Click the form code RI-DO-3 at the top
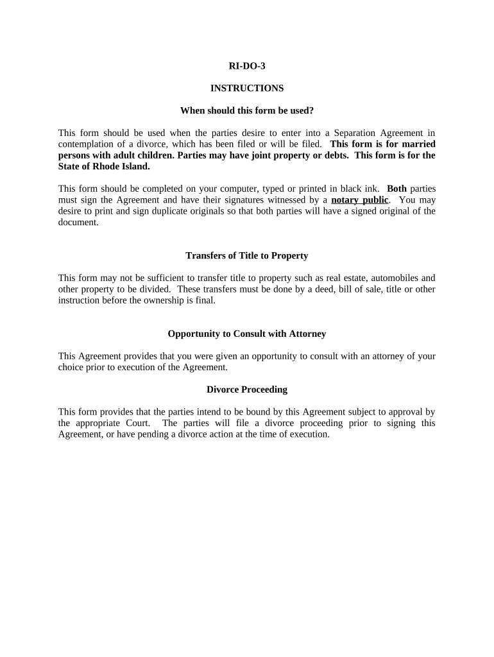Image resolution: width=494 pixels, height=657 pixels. coord(246,65)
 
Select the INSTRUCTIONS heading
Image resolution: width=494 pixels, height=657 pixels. coord(246,88)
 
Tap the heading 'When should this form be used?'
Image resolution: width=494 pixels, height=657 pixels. coord(246,110)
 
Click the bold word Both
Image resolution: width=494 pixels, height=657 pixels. coord(396,189)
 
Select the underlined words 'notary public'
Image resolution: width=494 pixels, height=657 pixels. coord(359,200)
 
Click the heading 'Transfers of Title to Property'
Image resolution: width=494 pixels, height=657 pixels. coord(246,255)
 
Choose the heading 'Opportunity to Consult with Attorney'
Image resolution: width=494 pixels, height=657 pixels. coord(246,334)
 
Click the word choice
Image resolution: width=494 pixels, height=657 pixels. coord(71,368)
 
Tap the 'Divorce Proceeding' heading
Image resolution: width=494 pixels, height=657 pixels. coord(246,389)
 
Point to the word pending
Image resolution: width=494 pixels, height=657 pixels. coord(148,434)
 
